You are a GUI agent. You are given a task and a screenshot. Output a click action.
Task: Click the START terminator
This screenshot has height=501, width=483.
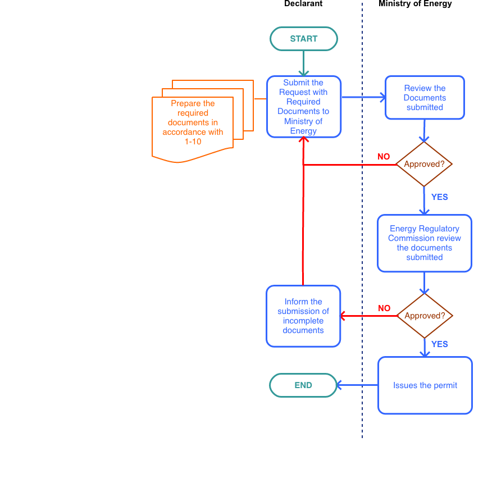(303, 39)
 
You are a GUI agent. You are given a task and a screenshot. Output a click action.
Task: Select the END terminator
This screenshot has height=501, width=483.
(303, 385)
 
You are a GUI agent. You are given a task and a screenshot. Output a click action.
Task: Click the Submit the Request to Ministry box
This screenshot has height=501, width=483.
(303, 107)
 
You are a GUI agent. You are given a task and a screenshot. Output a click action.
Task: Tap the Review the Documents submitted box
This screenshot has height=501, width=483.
(425, 98)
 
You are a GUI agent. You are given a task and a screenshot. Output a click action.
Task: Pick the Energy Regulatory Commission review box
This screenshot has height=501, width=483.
(424, 243)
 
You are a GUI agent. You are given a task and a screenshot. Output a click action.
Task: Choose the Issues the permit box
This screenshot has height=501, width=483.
(425, 385)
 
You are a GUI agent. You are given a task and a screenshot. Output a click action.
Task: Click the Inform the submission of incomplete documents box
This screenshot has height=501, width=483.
(303, 316)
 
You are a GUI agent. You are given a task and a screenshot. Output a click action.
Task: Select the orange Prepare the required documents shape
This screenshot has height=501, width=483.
(193, 123)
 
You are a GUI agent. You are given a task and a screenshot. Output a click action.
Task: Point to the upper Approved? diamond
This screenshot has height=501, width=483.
(424, 165)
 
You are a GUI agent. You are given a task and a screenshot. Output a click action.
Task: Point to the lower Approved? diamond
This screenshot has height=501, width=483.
(425, 316)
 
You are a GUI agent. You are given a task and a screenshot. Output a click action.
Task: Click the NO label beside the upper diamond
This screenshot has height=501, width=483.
(384, 157)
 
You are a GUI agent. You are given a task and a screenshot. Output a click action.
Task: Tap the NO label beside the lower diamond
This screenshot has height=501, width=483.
(384, 308)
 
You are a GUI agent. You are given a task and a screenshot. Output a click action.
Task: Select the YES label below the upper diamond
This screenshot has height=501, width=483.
(439, 197)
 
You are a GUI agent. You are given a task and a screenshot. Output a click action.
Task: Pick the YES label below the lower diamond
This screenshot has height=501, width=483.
(439, 344)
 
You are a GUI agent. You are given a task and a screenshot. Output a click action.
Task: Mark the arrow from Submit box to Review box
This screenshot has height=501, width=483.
(363, 97)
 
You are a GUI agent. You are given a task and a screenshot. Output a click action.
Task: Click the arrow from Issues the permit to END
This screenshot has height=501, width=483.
(357, 385)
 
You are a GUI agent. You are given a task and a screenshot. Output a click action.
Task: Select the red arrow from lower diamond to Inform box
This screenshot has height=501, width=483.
(368, 316)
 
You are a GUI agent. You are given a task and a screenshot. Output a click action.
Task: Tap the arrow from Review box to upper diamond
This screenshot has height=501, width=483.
(424, 130)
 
